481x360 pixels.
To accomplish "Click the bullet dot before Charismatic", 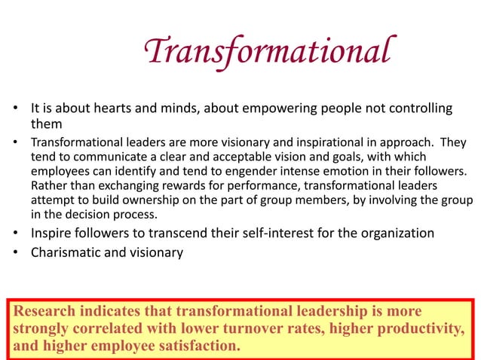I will pos(15,253).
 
